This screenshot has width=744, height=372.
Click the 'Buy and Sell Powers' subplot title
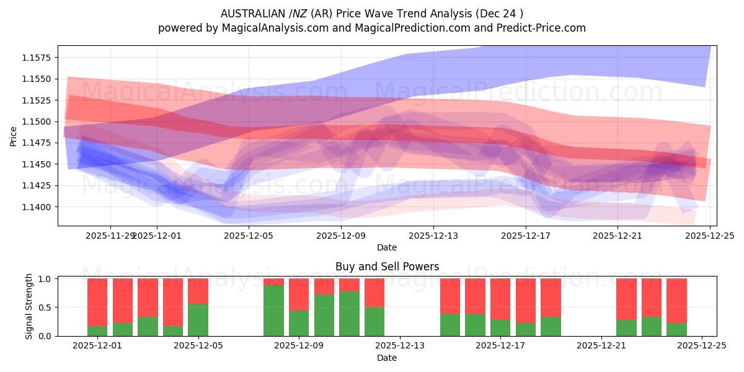coord(387,267)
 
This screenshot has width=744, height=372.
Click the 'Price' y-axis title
coord(14,136)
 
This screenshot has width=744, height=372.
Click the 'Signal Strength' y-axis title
coord(29,307)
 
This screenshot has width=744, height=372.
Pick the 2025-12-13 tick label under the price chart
coord(433,236)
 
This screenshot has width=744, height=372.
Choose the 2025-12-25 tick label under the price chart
coord(710,236)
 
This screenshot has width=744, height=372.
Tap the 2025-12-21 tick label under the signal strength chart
coord(601,346)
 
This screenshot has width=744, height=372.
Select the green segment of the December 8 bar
coord(273,311)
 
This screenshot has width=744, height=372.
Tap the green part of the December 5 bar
coord(198,320)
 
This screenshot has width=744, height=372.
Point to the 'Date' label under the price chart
coord(387,247)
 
